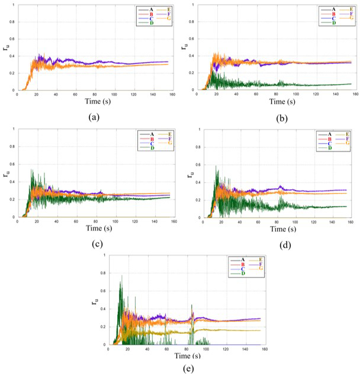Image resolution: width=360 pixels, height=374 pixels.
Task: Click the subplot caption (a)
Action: click(94, 117)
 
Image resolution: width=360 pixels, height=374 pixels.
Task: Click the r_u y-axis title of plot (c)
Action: click(5, 174)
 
